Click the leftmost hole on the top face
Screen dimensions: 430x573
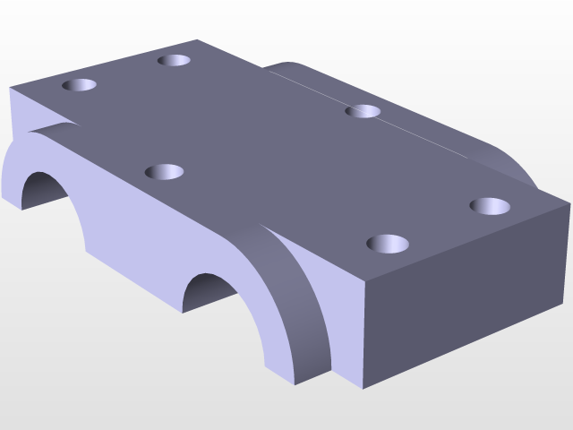80,86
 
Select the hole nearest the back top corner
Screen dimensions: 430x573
174,60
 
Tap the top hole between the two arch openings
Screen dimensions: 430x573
164,171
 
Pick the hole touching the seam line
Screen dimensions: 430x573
364,111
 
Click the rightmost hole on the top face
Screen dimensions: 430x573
490,206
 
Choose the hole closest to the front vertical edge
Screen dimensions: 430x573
387,243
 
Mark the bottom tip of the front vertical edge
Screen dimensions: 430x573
363,388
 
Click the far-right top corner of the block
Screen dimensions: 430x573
569,204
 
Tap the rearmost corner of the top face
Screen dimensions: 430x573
197,40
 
